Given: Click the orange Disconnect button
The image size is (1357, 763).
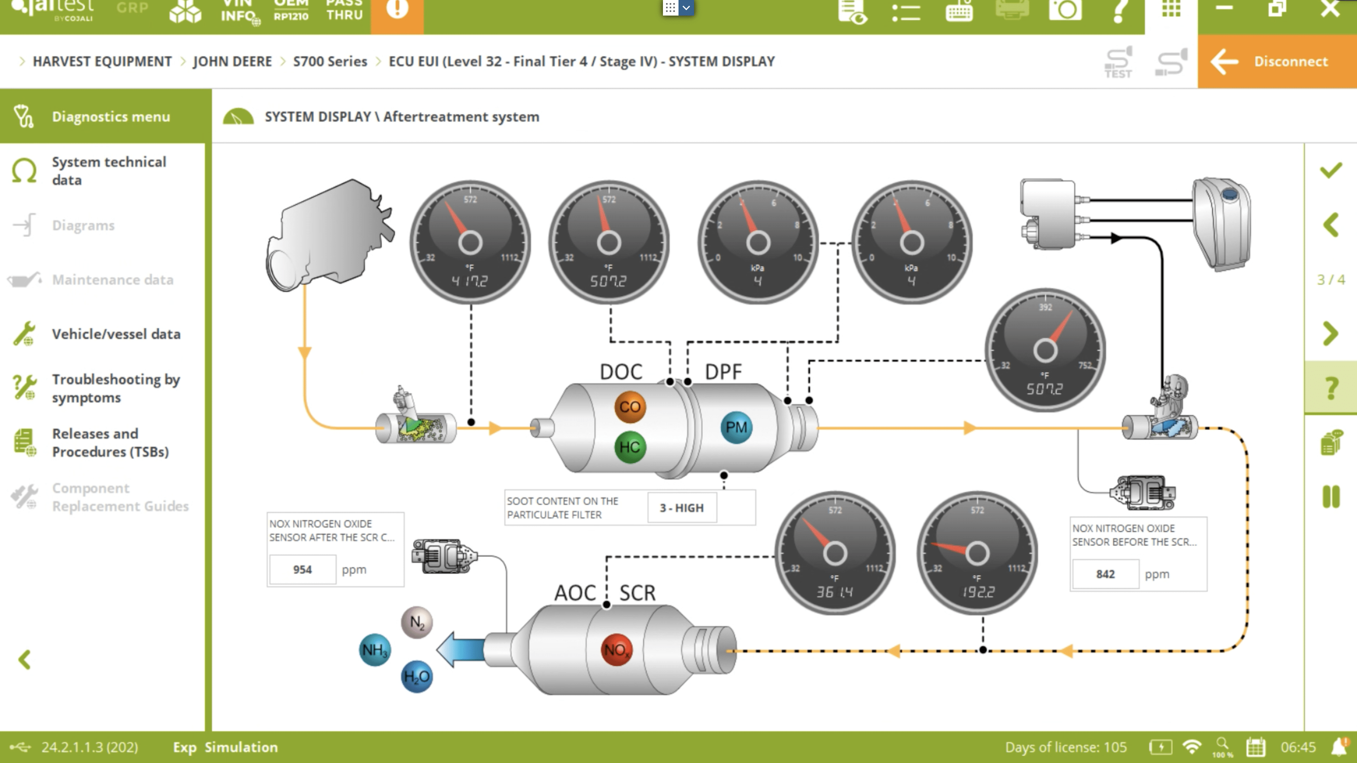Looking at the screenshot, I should (x=1277, y=61).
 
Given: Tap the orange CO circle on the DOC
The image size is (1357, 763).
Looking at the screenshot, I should (x=629, y=407).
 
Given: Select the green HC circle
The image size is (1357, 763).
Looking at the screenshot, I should (x=629, y=447).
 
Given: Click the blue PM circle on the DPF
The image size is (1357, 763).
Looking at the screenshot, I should (x=736, y=427).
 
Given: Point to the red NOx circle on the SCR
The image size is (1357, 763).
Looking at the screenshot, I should (x=616, y=650).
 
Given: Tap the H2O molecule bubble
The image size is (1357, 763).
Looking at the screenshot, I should (x=417, y=677).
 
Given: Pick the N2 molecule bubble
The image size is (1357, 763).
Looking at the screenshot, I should (x=417, y=622).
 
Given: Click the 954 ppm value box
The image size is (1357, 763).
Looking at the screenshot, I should (x=302, y=569).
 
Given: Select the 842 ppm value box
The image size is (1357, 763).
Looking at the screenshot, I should (x=1105, y=574).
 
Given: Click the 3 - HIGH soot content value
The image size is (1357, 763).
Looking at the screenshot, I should (x=682, y=508).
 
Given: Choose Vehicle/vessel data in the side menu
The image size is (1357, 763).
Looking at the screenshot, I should (x=116, y=334).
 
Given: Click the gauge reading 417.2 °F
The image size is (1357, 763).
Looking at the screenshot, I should (x=470, y=242).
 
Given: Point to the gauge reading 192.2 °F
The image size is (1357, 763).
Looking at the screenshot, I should (x=977, y=553).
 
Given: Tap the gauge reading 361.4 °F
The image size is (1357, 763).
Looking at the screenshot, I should (x=834, y=553).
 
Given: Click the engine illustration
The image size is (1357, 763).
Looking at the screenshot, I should (x=329, y=234).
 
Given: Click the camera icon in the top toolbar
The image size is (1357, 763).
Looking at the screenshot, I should (x=1065, y=10).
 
